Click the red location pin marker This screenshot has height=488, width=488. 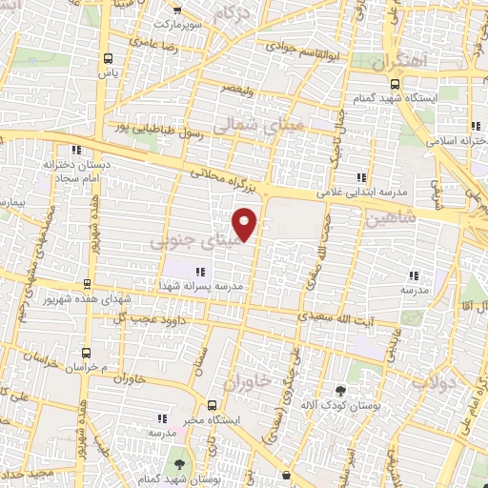tap(246, 223)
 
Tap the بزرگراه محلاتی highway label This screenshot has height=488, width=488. tap(220, 178)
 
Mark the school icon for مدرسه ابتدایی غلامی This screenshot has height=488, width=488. tap(360, 177)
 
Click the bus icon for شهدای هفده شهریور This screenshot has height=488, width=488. tap(87, 284)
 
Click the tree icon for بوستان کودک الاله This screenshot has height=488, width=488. tap(340, 390)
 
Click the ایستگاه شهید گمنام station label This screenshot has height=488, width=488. tap(436, 98)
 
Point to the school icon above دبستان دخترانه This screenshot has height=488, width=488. tap(75, 149)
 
